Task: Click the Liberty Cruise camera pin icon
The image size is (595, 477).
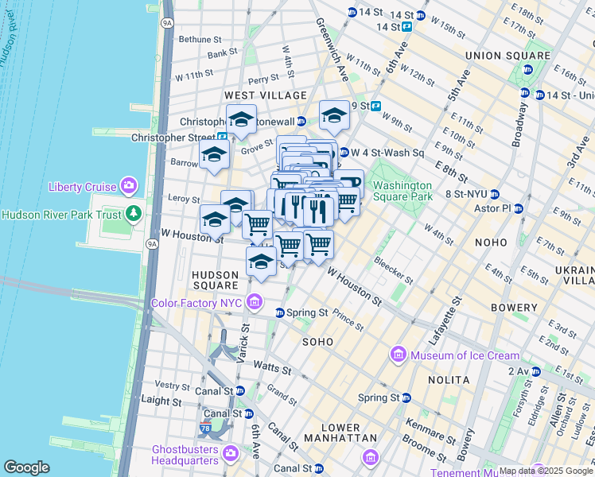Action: point(128,187)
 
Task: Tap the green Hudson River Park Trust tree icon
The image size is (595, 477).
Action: point(134,214)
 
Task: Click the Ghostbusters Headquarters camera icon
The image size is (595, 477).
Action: point(231,453)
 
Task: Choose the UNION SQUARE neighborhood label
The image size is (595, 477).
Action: point(507,56)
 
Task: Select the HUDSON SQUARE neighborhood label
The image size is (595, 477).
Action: point(215,279)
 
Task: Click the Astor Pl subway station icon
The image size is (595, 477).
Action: point(519,209)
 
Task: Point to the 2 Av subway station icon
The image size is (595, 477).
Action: point(535,371)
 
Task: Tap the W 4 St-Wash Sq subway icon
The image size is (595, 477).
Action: point(344,152)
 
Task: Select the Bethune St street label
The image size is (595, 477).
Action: point(200,39)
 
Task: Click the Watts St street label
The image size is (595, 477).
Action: point(269,365)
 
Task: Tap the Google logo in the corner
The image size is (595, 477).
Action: point(26,467)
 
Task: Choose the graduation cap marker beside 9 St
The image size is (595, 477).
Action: point(335,116)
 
